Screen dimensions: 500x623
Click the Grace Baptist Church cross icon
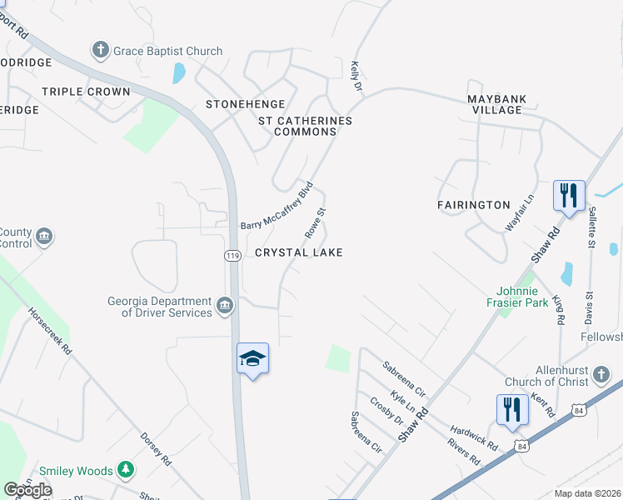point(101,51)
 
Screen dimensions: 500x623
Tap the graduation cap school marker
point(252,359)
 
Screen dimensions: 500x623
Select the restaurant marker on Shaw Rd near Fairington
point(570,197)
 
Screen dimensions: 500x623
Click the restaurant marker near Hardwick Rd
point(512,409)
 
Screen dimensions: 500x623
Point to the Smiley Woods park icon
point(126,471)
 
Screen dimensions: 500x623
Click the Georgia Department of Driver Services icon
point(224,307)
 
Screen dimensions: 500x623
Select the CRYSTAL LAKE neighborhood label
point(298,252)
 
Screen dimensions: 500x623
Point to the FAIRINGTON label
point(473,204)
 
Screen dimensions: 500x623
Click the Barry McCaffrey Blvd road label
point(276,206)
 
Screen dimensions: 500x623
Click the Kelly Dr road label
point(356,75)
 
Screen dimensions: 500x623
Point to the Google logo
point(27,490)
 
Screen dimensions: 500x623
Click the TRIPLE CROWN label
point(86,92)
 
